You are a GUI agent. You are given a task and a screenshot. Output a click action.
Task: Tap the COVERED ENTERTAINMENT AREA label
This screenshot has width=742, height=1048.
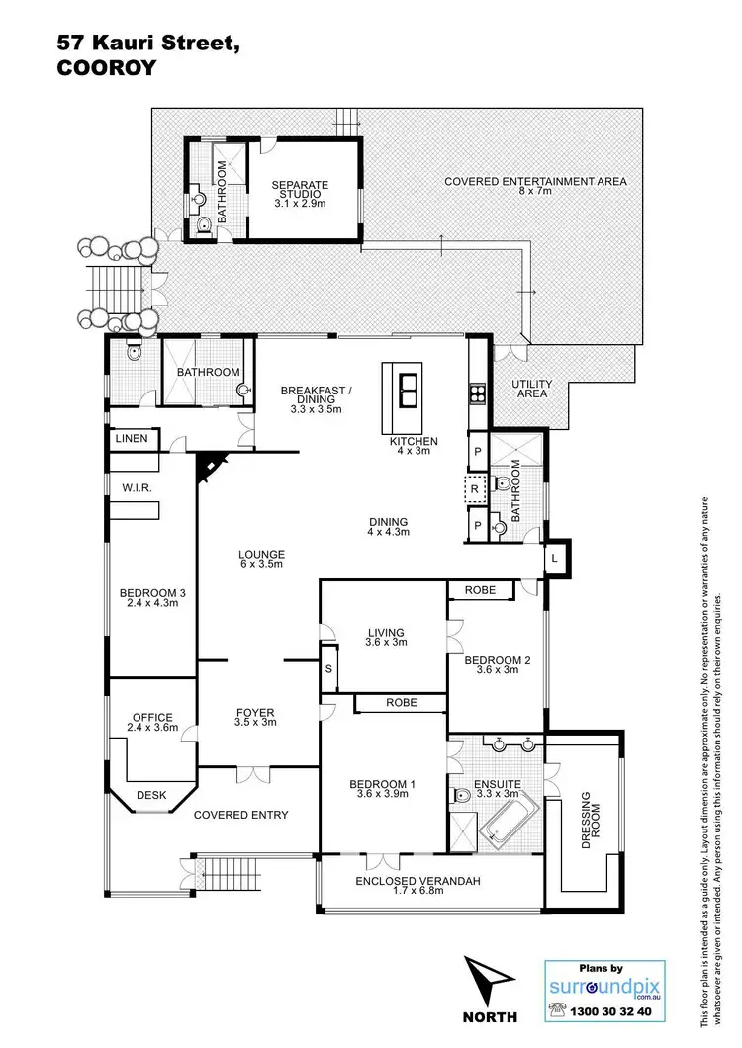point(535,182)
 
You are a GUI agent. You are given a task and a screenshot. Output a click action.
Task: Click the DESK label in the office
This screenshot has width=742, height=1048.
point(151,794)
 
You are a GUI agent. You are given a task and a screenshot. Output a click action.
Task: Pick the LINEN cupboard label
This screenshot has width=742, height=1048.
point(132,438)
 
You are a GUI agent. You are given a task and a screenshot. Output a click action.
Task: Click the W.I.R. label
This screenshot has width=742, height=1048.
point(136,487)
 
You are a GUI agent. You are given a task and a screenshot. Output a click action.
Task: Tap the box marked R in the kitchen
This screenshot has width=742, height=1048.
point(475,488)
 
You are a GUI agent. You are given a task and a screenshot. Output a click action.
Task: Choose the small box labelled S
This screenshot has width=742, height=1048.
point(328,670)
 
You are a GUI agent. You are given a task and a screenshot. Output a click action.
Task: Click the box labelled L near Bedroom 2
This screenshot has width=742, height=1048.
point(556,560)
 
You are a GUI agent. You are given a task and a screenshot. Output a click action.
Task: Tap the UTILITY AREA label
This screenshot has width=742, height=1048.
point(531,388)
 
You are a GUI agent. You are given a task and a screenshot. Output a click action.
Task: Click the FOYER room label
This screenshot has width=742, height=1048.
point(254,717)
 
